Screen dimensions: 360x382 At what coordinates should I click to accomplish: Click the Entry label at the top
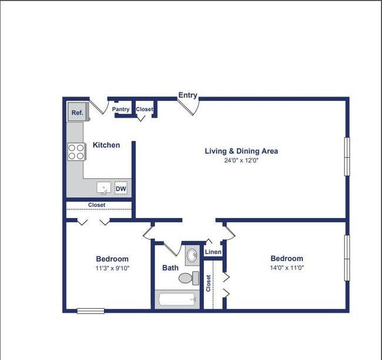pyautogui.click(x=188, y=95)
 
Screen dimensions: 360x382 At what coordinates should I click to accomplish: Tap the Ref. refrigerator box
pyautogui.click(x=77, y=112)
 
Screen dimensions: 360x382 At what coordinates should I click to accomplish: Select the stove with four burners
pyautogui.click(x=76, y=152)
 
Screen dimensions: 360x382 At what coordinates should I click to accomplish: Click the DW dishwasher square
pyautogui.click(x=121, y=188)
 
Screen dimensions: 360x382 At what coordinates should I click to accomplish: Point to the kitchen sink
pyautogui.click(x=104, y=188)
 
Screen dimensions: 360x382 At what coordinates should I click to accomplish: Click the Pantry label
pyautogui.click(x=121, y=109)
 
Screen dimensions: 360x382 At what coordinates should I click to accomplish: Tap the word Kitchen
pyautogui.click(x=106, y=145)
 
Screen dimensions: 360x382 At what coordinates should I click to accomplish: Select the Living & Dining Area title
pyautogui.click(x=241, y=151)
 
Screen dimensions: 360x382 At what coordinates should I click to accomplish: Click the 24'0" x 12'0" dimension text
pyautogui.click(x=241, y=160)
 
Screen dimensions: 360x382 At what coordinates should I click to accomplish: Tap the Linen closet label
pyautogui.click(x=213, y=252)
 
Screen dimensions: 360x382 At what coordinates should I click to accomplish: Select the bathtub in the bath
pyautogui.click(x=177, y=299)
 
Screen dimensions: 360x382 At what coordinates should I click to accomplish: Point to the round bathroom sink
pyautogui.click(x=192, y=255)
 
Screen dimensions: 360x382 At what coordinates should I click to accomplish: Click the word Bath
pyautogui.click(x=170, y=268)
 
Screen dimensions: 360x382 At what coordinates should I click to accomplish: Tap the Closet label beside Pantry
pyautogui.click(x=144, y=109)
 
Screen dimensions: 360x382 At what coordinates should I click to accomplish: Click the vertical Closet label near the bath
pyautogui.click(x=209, y=284)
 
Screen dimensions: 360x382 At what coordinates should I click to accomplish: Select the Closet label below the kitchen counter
pyautogui.click(x=97, y=205)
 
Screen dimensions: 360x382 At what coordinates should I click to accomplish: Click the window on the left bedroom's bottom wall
pyautogui.click(x=91, y=311)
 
